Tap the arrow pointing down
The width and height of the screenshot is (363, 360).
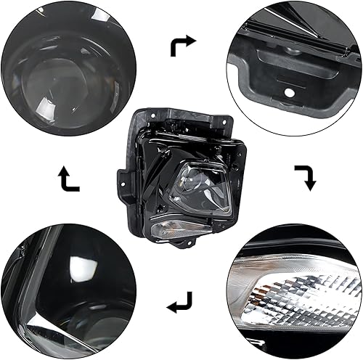tap(305, 176)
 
